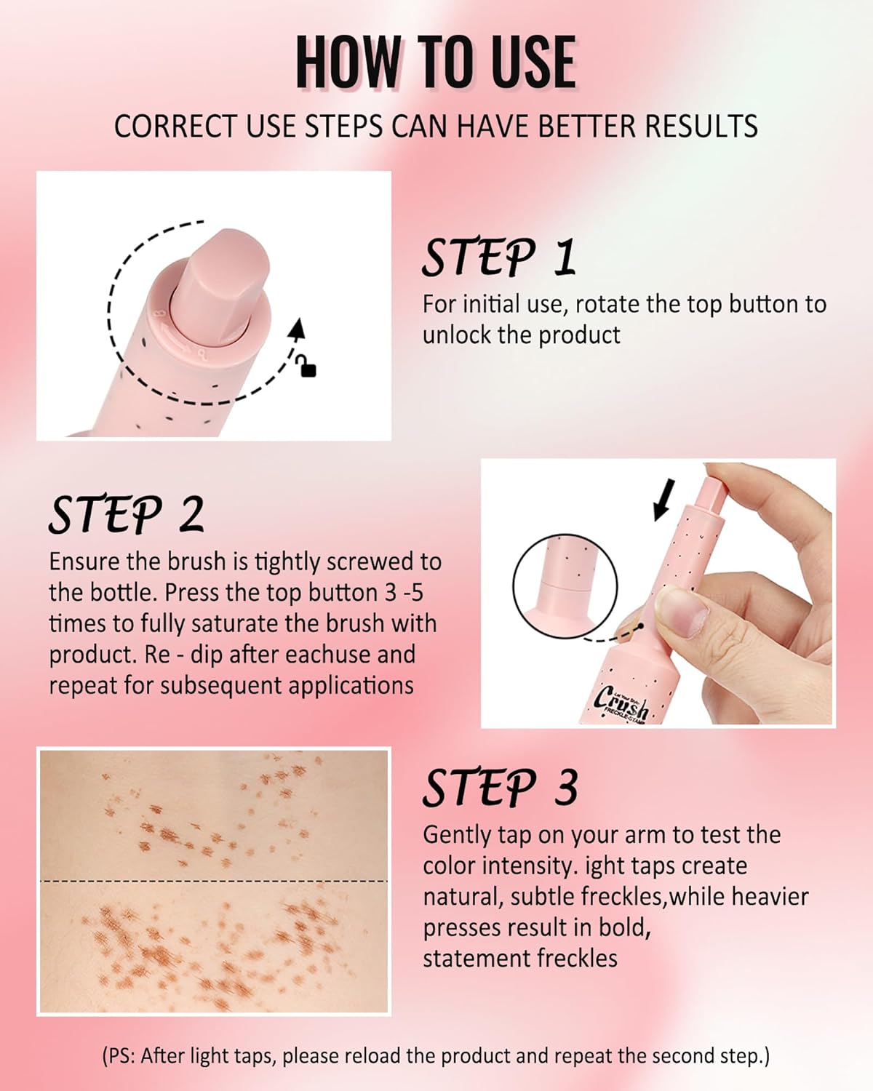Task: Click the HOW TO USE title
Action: (435, 63)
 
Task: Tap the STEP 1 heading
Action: (499, 257)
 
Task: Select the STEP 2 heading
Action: (127, 515)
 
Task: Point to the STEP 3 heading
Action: (501, 788)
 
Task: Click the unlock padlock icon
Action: (308, 368)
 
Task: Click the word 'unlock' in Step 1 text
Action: (458, 335)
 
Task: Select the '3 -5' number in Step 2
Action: (404, 593)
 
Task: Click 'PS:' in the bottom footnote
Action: (121, 1056)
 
